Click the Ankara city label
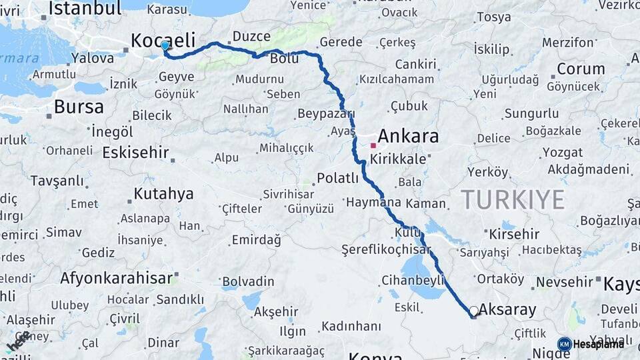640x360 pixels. click(x=409, y=136)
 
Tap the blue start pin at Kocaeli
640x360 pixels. click(x=165, y=46)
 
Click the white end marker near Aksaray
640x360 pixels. click(x=473, y=311)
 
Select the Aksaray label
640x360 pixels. click(x=507, y=309)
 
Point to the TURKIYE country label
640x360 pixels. click(x=513, y=199)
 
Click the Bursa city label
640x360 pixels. click(x=79, y=107)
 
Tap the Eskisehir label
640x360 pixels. click(x=135, y=153)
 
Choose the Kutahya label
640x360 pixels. click(x=163, y=194)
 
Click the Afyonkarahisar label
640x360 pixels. click(x=116, y=277)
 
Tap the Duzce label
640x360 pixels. click(x=251, y=36)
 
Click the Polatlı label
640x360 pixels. click(x=337, y=178)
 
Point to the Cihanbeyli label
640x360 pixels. click(x=413, y=279)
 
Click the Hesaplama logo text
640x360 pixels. click(x=599, y=344)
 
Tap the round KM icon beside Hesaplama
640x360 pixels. click(x=565, y=344)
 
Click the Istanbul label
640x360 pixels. click(x=85, y=8)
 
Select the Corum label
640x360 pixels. click(x=581, y=69)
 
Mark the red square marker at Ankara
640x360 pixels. click(x=373, y=145)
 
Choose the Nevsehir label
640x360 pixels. click(x=565, y=282)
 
